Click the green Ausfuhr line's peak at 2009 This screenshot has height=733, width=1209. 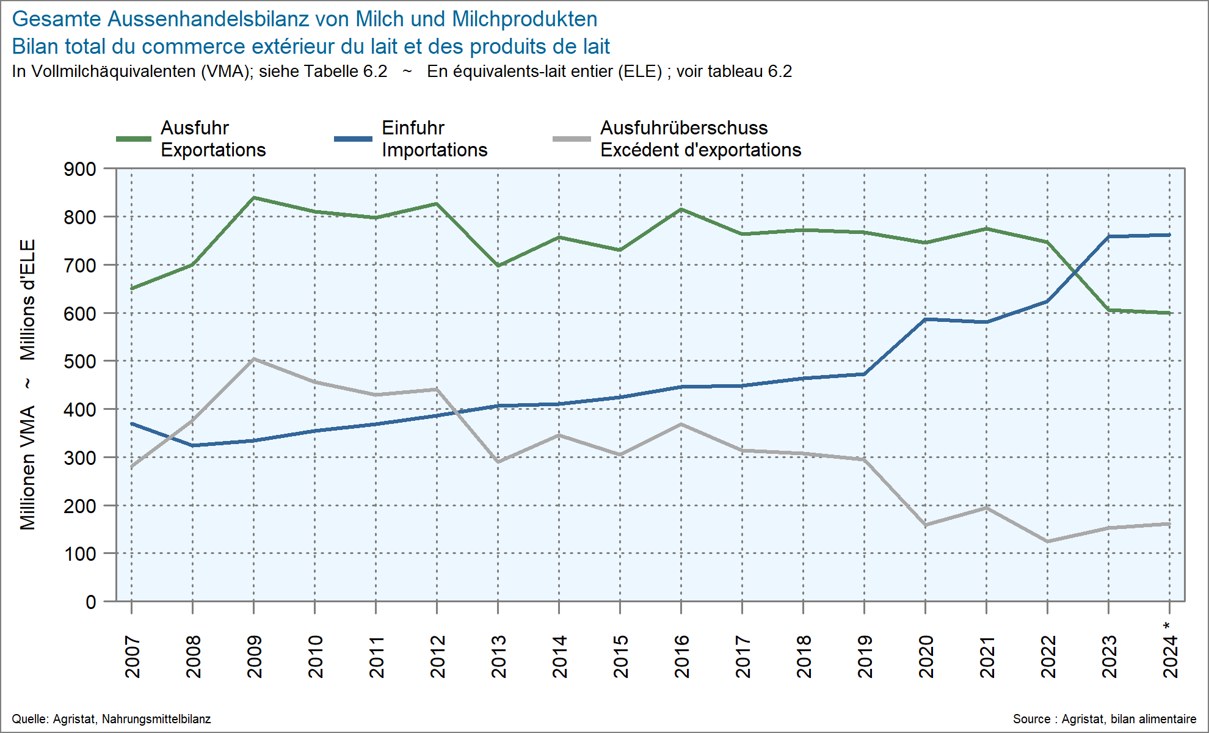pyautogui.click(x=254, y=197)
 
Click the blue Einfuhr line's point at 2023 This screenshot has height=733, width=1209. pyautogui.click(x=1108, y=236)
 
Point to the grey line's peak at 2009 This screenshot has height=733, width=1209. pyautogui.click(x=254, y=359)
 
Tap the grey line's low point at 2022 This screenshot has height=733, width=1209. pyautogui.click(x=1047, y=541)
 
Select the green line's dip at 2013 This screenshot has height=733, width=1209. pyautogui.click(x=498, y=266)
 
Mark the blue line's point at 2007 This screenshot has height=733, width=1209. pyautogui.click(x=132, y=423)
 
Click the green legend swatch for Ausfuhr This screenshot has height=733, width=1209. pyautogui.click(x=134, y=139)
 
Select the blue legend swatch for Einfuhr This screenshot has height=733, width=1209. pyautogui.click(x=353, y=139)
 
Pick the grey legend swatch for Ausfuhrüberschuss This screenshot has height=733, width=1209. pyautogui.click(x=572, y=139)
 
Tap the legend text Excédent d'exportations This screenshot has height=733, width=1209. pyautogui.click(x=700, y=150)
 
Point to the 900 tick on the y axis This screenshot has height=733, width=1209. pyautogui.click(x=80, y=169)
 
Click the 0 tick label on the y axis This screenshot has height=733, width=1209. pyautogui.click(x=90, y=602)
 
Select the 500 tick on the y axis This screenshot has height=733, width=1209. pyautogui.click(x=80, y=362)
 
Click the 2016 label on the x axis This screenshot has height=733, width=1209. pyautogui.click(x=681, y=657)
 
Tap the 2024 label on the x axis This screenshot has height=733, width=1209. pyautogui.click(x=1170, y=657)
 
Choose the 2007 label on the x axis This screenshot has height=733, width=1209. pyautogui.click(x=132, y=657)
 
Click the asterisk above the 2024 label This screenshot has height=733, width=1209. pyautogui.click(x=1167, y=626)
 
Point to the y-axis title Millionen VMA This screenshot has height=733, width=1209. pyautogui.click(x=27, y=467)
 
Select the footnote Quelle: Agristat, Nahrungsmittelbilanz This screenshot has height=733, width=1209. pyautogui.click(x=111, y=719)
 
